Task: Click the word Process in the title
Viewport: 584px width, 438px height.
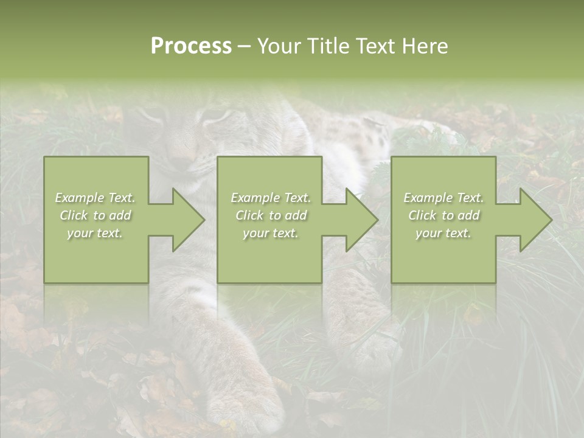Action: [191, 46]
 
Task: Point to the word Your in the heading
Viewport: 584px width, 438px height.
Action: [279, 46]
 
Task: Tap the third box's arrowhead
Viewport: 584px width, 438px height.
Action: [532, 220]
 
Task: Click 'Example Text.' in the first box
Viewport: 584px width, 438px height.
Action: [96, 198]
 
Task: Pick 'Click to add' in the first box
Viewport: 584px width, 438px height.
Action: [96, 215]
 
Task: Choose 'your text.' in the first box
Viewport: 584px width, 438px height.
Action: [96, 233]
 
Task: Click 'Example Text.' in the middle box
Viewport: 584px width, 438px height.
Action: [271, 198]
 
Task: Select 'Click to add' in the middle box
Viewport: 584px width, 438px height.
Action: [271, 215]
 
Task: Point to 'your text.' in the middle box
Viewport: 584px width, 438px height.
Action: [271, 233]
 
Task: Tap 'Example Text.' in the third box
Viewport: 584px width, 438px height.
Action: [443, 198]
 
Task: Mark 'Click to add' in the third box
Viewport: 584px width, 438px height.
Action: [443, 215]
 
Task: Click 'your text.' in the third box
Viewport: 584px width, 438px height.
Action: [443, 233]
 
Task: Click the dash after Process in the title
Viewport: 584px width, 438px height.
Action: [244, 47]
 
